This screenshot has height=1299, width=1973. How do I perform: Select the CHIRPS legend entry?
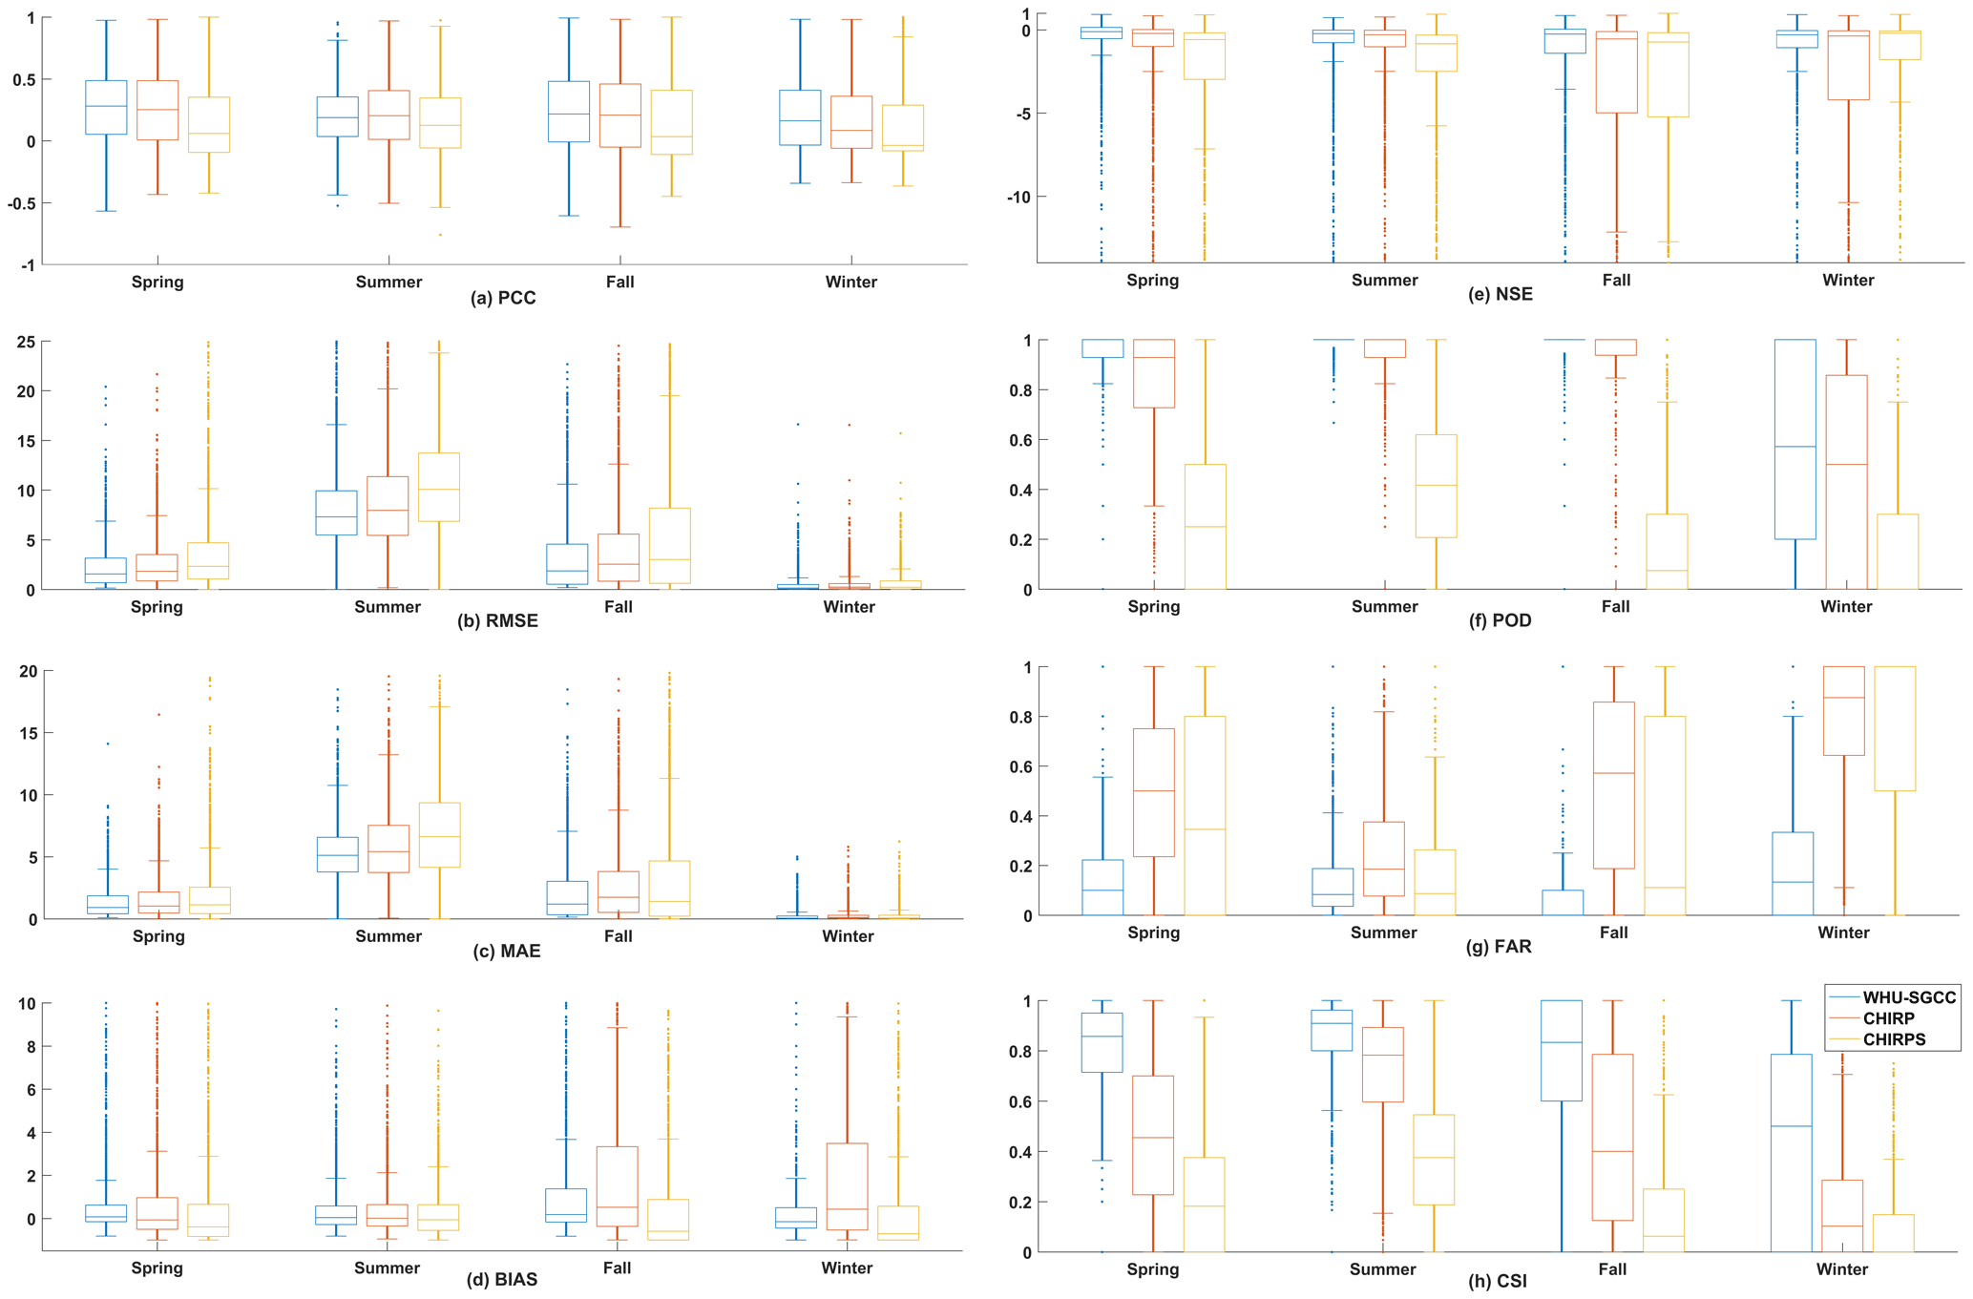pyautogui.click(x=1895, y=1039)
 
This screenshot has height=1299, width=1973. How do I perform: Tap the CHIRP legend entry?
pyautogui.click(x=1888, y=1018)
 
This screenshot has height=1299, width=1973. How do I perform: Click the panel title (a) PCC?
pyautogui.click(x=503, y=299)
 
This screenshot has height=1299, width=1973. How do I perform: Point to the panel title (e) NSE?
pyautogui.click(x=1501, y=295)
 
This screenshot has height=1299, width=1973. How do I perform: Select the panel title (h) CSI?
pyautogui.click(x=1498, y=1282)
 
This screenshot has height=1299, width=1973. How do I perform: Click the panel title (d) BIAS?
pyautogui.click(x=502, y=1280)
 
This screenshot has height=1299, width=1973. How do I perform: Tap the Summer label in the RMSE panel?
pyautogui.click(x=388, y=607)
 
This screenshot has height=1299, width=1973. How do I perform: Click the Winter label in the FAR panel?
pyautogui.click(x=1843, y=932)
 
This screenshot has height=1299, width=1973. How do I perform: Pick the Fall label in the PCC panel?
pyautogui.click(x=619, y=283)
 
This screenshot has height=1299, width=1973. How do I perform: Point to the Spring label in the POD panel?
pyautogui.click(x=1153, y=607)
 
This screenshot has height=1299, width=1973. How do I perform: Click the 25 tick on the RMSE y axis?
pyautogui.click(x=27, y=342)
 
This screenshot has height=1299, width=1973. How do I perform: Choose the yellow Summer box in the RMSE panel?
pyautogui.click(x=439, y=487)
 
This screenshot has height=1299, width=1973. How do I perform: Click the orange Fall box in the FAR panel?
pyautogui.click(x=1614, y=786)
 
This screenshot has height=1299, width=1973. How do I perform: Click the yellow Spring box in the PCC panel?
pyautogui.click(x=209, y=124)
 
